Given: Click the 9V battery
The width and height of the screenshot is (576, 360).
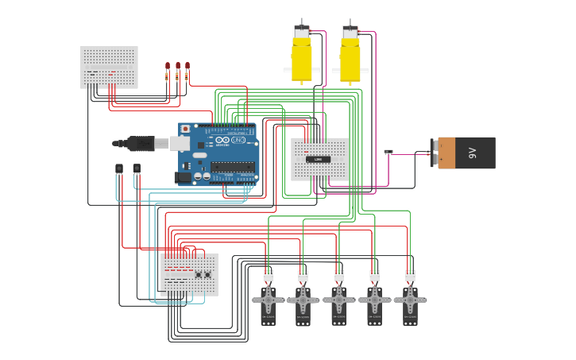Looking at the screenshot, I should pos(467,153).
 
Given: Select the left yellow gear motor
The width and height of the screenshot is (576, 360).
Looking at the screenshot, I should pos(302,60).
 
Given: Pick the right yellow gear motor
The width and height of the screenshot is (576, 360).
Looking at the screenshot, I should pos(350,60).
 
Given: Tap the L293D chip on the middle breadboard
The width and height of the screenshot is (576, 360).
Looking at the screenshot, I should pos(319,159).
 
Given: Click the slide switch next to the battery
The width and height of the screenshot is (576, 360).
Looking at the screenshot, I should pos(388,152).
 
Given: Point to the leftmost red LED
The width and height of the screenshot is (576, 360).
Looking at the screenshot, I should pos(168,66).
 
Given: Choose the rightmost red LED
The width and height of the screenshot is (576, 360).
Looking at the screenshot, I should pos(187,66).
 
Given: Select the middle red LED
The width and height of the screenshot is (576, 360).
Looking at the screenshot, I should pos(177,66).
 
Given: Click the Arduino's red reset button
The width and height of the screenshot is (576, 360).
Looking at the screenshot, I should pos(186,129).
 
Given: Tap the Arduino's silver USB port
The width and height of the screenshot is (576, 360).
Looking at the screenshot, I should pos(180,143).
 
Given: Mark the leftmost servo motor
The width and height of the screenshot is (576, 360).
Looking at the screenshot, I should pos(269,302).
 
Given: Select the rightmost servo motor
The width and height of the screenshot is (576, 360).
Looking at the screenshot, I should pos(410,302).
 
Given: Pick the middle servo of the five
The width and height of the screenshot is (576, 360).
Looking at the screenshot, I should pos(339,302).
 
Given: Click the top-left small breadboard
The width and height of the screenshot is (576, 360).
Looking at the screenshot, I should pos(109,67).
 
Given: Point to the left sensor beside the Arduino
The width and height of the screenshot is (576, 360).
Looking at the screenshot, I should pos(119,168).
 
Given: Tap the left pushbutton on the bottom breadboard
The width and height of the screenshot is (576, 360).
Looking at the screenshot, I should pos(198,275).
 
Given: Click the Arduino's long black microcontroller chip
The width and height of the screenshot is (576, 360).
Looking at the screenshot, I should pos(233,167).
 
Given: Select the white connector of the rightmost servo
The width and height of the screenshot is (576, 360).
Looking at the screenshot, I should pos(410,276).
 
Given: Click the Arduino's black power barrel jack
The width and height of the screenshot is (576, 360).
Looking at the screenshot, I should pos(184,177).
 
